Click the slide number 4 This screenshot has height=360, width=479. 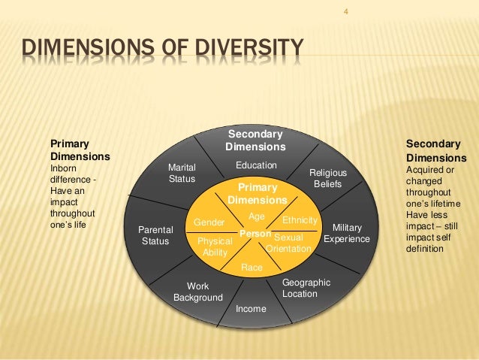347,11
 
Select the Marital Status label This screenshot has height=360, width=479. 181,173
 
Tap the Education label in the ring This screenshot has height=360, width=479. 256,165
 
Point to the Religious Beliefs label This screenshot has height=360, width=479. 328,178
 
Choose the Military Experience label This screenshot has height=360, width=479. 347,233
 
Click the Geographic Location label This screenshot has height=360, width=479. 306,288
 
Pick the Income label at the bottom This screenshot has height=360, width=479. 251,309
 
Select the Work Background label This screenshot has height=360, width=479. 198,292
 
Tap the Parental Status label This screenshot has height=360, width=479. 156,235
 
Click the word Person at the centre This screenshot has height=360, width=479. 253,235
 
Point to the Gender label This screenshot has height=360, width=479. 209,222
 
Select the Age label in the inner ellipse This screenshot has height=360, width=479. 257,216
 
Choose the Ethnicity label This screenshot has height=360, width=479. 300,220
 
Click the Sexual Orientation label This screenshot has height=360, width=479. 288,242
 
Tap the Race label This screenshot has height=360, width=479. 251,267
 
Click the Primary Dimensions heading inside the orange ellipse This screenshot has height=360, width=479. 257,193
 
